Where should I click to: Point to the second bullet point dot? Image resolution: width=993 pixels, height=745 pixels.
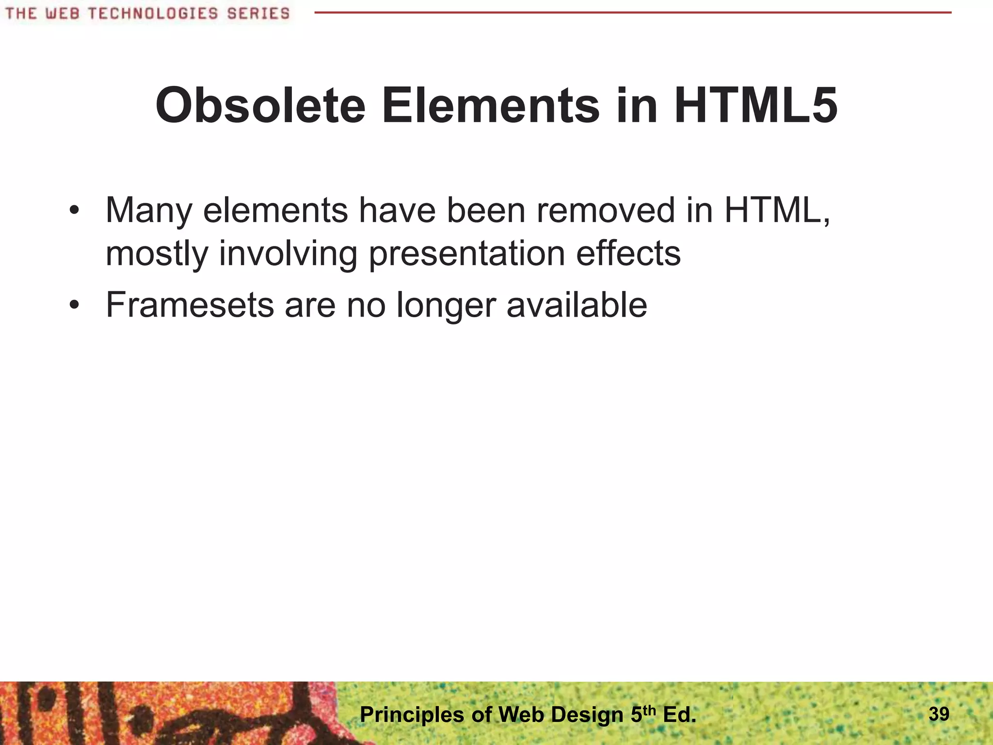pos(74,305)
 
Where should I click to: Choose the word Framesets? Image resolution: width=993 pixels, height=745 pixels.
pos(190,305)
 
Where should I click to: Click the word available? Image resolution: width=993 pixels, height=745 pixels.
pos(577,305)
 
